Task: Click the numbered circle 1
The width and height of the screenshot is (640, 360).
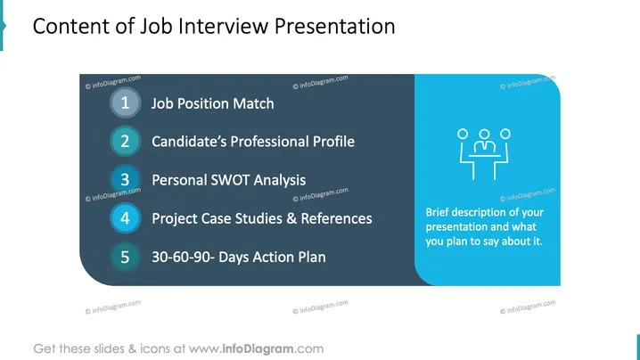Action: [x=126, y=102]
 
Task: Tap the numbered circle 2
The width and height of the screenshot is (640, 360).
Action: [x=126, y=141]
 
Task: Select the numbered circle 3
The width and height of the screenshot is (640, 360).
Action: [x=126, y=180]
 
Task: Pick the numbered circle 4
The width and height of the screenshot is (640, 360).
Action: [x=126, y=218]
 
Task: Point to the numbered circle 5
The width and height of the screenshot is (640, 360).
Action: [x=126, y=257]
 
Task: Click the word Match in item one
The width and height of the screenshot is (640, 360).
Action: [x=253, y=103]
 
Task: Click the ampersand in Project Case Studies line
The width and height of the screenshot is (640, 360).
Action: [x=291, y=219]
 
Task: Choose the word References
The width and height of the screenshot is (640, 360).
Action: [x=336, y=219]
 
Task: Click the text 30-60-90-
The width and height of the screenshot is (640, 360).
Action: [x=183, y=258]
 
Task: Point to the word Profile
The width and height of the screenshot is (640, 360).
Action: [x=333, y=142]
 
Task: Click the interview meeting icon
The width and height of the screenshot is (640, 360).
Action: [x=484, y=154]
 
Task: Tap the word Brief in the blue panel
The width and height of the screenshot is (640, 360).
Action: [x=437, y=212]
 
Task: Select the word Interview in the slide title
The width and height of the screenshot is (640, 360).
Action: [x=224, y=26]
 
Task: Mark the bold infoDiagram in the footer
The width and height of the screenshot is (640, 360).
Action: [x=258, y=349]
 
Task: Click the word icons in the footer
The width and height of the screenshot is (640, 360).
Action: [x=155, y=349]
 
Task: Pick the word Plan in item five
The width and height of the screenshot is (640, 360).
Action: [x=312, y=258]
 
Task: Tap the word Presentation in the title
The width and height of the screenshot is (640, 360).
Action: [x=334, y=26]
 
